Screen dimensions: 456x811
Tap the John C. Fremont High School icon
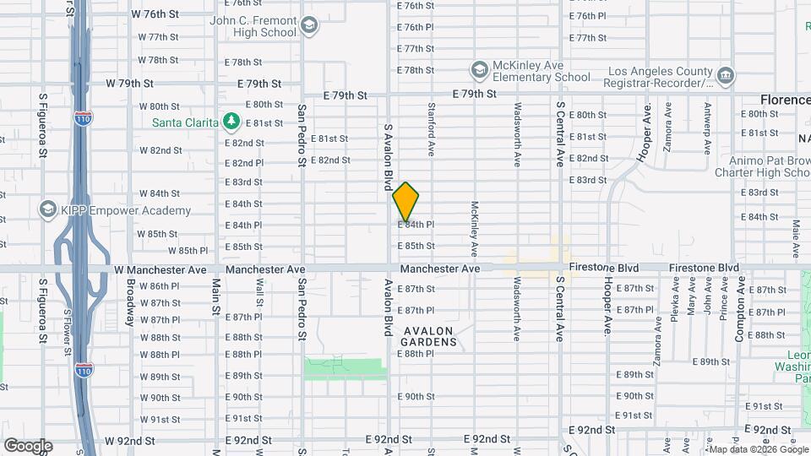(309, 25)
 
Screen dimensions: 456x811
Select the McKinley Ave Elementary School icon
(480, 68)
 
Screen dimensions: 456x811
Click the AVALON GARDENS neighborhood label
(429, 336)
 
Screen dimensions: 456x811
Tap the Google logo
(28, 446)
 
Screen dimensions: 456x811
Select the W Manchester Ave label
(161, 269)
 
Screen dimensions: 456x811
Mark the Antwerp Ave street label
(707, 128)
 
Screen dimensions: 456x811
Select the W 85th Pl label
(187, 251)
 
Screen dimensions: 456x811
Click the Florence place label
(784, 100)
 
